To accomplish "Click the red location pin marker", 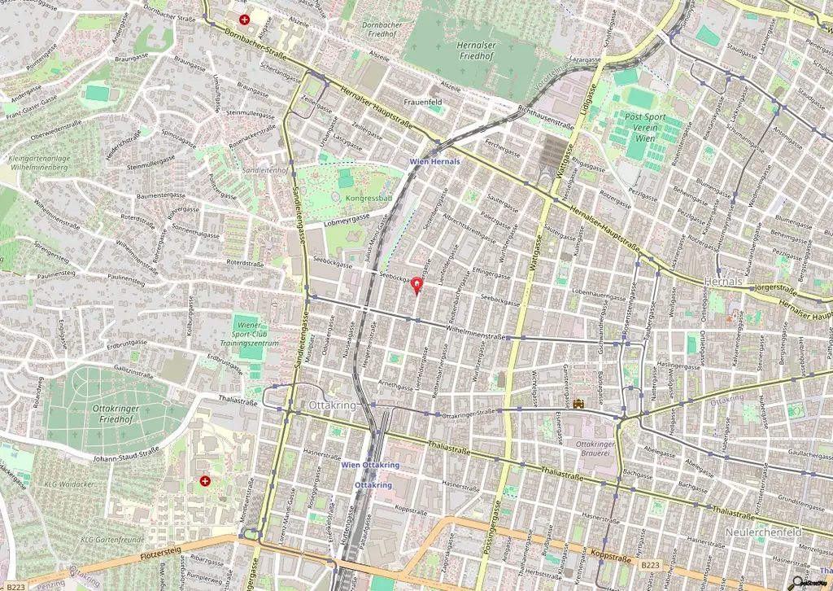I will click(417, 285).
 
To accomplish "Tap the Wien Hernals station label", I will click(434, 161).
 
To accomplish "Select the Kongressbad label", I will click(369, 198).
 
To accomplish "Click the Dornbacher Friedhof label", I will click(382, 30).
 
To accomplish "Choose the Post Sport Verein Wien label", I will click(645, 128).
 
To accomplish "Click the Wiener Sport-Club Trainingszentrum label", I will click(255, 335).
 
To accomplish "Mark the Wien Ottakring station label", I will click(370, 465).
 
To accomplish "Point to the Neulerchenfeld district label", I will click(762, 532).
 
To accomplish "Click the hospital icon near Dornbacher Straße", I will click(244, 19).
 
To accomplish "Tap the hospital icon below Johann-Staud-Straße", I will click(205, 481).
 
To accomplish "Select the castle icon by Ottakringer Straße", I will click(579, 403).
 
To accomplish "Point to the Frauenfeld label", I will click(421, 102).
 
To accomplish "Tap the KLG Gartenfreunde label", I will click(112, 540).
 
